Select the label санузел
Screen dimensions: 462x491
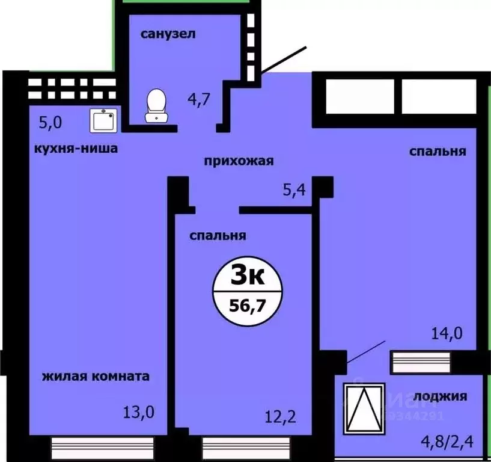168,34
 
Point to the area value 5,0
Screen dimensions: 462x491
50,123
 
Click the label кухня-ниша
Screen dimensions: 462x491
76,148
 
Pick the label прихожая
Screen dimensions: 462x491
239,161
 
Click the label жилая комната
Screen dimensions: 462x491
96,377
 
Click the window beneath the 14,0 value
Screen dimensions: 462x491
421,362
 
